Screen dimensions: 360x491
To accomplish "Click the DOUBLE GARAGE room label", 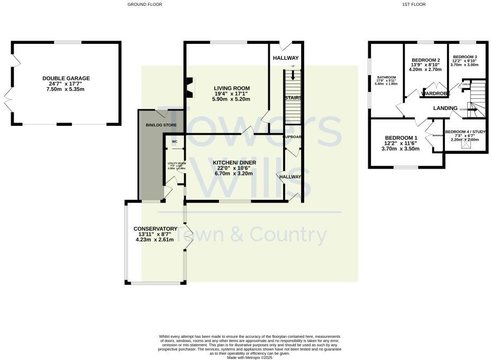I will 66,78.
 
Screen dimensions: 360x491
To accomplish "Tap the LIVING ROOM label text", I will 232,88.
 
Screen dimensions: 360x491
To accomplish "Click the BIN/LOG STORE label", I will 161,125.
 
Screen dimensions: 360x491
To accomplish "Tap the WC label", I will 174,142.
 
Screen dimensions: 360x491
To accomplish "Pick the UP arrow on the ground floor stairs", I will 293,75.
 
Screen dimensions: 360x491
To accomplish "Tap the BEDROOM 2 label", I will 426,60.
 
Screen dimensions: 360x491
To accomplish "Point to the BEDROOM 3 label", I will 465,57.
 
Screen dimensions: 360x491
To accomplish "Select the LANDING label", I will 445,108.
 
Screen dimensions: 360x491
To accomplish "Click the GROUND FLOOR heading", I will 145,4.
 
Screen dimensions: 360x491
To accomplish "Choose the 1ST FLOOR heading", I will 414,4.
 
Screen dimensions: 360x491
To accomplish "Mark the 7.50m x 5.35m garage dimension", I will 66,89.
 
